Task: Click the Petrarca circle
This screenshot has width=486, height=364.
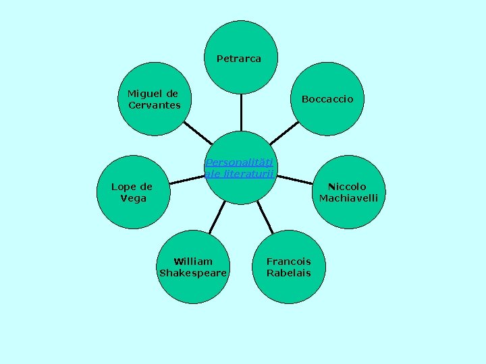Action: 240,57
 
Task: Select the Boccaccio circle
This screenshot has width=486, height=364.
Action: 327,99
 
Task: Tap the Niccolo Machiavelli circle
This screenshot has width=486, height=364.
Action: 348,192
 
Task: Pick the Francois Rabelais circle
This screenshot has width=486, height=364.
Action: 289,267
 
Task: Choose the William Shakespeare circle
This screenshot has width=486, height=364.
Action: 193,267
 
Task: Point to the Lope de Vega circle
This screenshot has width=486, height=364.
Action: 132,192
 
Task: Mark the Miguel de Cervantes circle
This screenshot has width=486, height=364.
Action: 154,99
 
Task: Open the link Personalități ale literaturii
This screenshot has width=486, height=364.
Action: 240,168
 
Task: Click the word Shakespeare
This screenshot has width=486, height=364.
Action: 193,273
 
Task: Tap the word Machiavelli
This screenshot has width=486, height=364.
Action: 348,198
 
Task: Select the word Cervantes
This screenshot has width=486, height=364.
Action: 154,105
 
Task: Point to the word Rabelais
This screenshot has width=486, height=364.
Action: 289,273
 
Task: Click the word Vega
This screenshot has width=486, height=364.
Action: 133,198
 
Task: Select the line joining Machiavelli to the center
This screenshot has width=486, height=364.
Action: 294,179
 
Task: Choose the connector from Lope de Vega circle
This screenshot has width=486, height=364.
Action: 187,179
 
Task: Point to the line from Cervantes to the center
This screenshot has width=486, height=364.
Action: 197,133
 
